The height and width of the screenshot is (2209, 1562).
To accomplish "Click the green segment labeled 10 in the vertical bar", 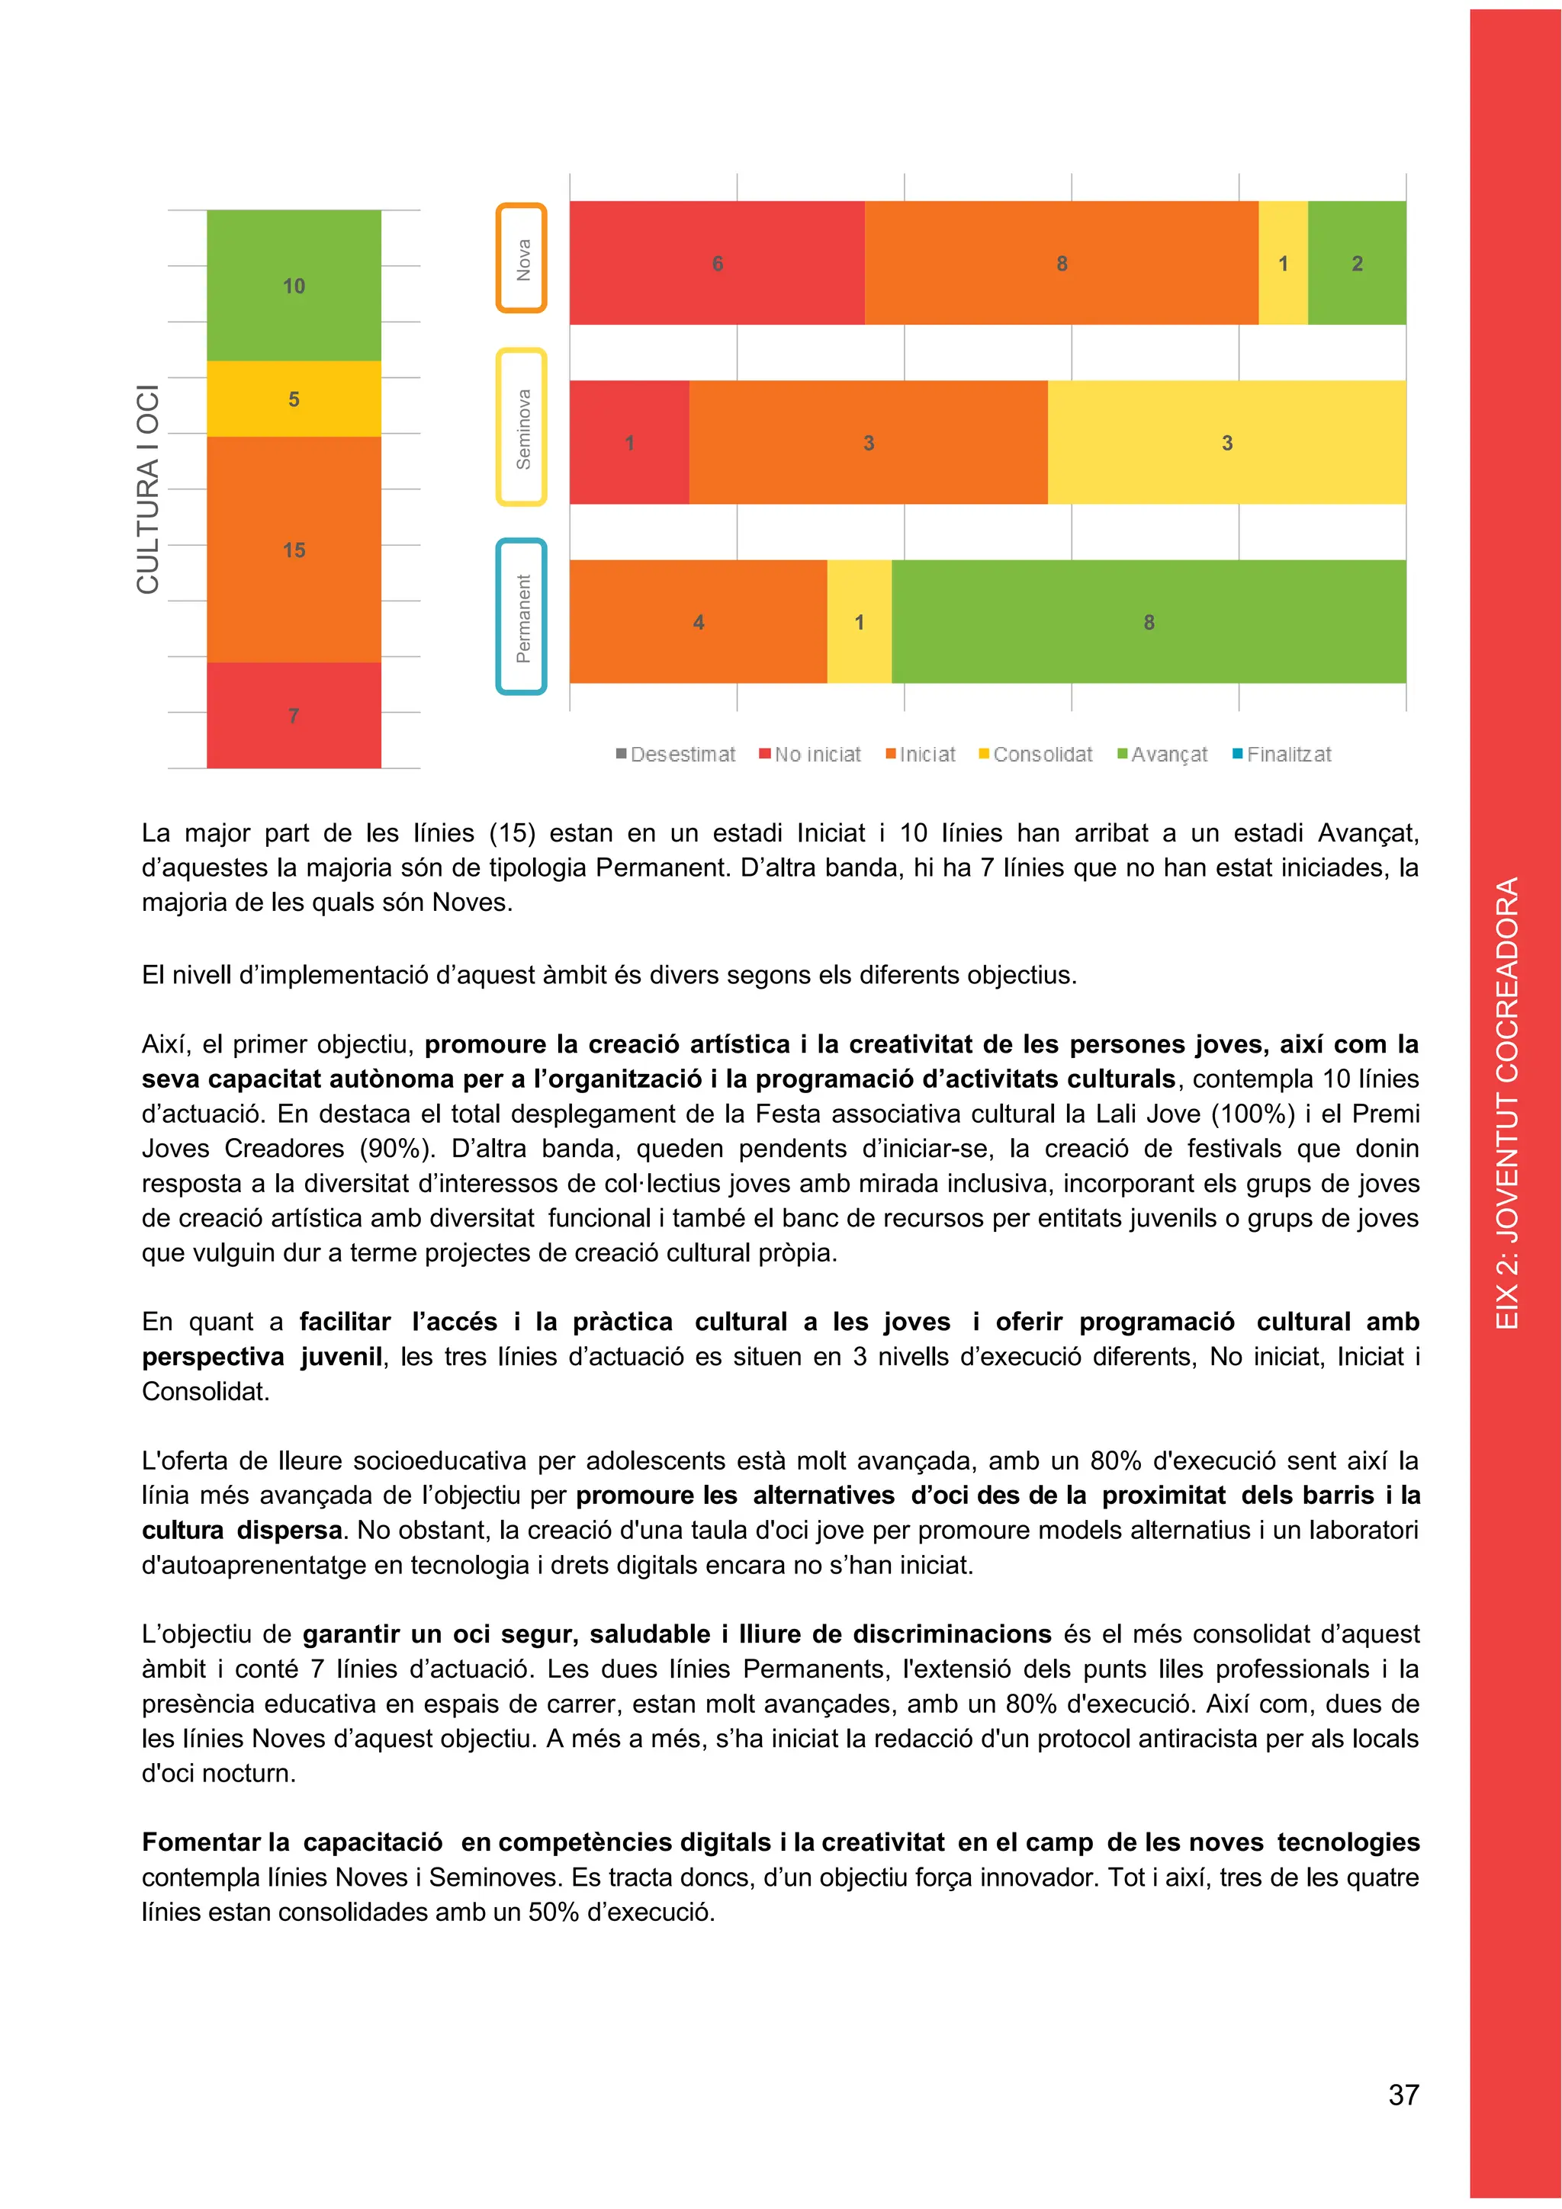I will pos(294,286).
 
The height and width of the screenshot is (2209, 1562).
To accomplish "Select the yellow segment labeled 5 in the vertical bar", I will pos(294,399).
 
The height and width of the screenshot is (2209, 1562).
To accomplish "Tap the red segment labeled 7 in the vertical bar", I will pos(294,715).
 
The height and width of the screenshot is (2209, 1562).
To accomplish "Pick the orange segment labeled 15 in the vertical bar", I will pos(294,550).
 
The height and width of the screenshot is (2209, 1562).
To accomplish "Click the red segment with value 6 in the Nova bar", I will pos(717,263).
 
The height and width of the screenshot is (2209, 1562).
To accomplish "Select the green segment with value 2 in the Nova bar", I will pos(1356,263).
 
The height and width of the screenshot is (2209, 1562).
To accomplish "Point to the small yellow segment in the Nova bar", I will pos(1283,263).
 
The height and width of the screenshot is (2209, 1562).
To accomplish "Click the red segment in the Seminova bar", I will pos(629,443).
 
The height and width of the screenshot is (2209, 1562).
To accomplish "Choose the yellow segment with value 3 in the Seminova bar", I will pos(1226,443).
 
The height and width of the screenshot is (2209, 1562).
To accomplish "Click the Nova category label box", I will pos(522,258).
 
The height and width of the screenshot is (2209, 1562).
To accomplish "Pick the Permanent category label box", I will pos(522,617).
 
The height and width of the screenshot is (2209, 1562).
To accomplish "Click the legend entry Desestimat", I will pos(676,755).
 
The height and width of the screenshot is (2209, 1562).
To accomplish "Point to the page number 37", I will pos(1403,2095).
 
